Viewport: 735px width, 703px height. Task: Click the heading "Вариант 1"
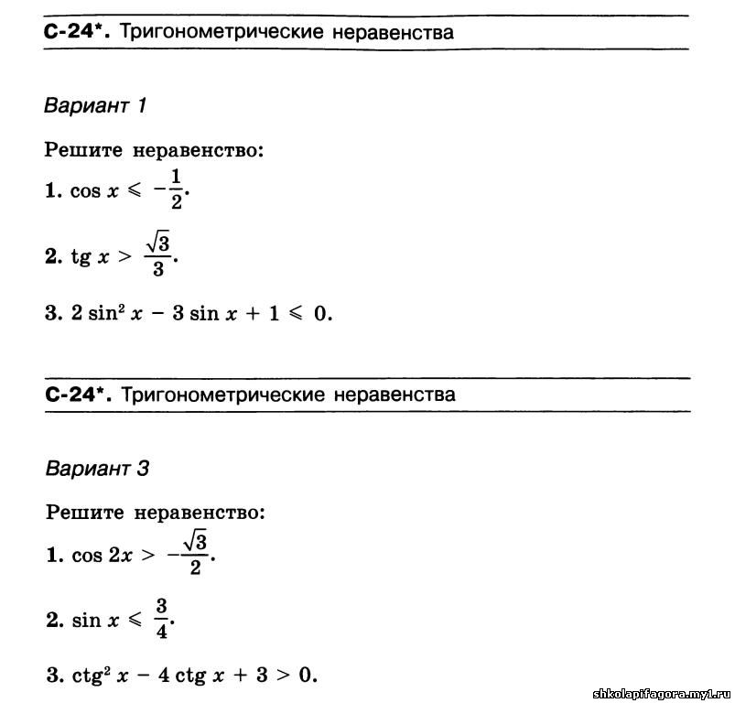[95, 105]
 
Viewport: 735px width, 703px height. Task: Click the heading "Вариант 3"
[97, 469]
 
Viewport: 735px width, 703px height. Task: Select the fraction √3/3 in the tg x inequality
[159, 254]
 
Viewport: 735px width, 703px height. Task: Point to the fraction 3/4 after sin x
[160, 620]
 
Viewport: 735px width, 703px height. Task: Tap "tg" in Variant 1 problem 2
[81, 257]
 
